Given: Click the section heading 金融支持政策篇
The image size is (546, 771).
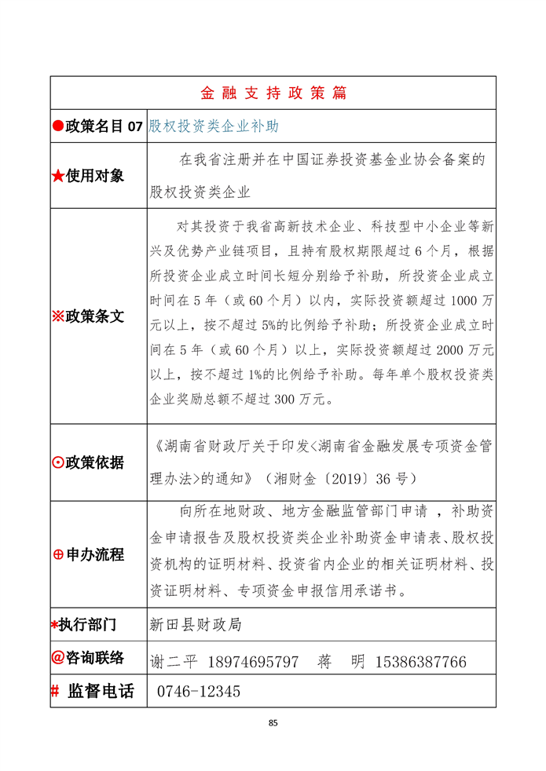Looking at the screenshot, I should tap(273, 93).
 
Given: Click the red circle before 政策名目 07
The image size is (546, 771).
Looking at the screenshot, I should tap(57, 126).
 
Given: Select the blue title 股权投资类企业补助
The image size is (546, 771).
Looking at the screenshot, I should tap(214, 126).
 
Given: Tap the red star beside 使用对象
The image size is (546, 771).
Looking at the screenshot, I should tap(57, 177).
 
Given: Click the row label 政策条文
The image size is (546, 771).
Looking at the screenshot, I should tap(94, 316).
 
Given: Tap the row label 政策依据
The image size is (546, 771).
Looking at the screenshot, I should tap(94, 462).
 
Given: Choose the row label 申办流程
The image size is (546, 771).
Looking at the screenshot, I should tap(94, 555).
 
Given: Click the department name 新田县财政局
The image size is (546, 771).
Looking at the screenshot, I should tap(196, 625).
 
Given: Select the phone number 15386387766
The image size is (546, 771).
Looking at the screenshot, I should tap(422, 662).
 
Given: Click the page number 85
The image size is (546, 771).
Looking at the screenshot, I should tap(273, 722).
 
